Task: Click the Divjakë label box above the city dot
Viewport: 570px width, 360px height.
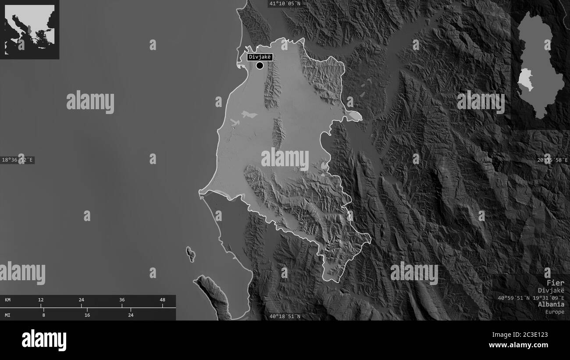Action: pos(260,57)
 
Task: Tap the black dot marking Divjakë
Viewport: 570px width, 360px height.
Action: pos(260,66)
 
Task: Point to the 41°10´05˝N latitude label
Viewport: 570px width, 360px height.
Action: pos(285,4)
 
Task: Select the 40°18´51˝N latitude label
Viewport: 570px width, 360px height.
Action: pos(285,316)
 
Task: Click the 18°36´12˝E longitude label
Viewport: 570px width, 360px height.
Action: pos(18,160)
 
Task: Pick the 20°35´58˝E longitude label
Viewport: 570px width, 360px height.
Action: pos(553,160)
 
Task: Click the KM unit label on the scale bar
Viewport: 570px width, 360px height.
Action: pos(8,300)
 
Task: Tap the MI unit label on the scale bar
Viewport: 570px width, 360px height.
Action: pos(8,315)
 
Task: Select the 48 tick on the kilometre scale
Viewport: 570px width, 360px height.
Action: pos(162,300)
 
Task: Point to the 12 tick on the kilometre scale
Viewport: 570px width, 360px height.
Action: pos(41,300)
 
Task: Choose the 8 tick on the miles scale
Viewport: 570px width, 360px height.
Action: pos(43,315)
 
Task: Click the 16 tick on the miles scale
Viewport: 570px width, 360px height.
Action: pos(87,315)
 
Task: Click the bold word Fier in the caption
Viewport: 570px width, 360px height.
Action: pos(555,282)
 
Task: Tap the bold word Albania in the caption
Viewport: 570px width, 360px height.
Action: pos(552,304)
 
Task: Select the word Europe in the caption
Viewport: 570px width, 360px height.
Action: pos(555,312)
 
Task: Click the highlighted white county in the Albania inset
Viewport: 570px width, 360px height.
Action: pos(525,79)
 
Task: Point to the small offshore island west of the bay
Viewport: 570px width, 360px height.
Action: pos(191,254)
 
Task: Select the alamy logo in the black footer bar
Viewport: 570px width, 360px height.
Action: pos(44,340)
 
